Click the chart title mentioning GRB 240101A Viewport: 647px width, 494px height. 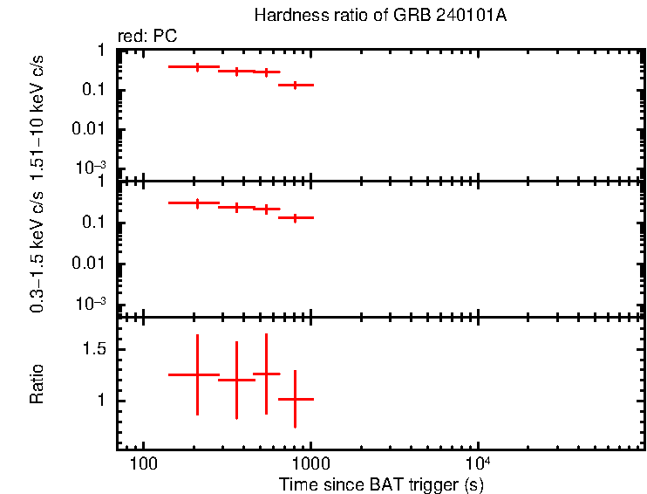(379, 16)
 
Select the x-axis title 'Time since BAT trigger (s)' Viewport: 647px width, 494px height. (381, 484)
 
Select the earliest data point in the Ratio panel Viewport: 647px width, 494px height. (197, 374)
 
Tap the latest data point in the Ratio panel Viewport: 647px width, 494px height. (296, 399)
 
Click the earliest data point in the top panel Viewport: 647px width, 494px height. (197, 66)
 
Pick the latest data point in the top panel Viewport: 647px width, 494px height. (296, 85)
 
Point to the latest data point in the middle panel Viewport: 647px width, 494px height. (296, 217)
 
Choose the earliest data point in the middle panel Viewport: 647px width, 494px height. (197, 202)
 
